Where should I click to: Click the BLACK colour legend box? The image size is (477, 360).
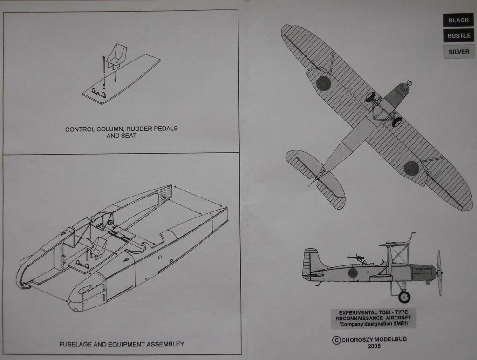458,20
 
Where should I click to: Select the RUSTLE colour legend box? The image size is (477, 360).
458,36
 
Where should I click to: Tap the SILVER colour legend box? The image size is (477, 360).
458,52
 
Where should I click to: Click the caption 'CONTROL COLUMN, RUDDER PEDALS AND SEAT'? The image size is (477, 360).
121,132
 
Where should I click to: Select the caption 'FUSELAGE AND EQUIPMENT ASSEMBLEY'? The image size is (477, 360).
122,345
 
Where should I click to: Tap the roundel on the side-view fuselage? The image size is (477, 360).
353,272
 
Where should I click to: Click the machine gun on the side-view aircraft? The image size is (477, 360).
356,257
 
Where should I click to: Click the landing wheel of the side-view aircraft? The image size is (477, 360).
404,297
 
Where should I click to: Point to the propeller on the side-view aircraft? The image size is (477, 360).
439,273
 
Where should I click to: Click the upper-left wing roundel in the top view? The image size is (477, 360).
323,83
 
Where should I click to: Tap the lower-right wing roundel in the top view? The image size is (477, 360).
411,168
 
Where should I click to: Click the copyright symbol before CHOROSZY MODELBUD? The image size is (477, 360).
336,340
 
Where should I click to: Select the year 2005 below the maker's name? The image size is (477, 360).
374,346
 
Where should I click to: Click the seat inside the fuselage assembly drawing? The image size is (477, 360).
99,247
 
